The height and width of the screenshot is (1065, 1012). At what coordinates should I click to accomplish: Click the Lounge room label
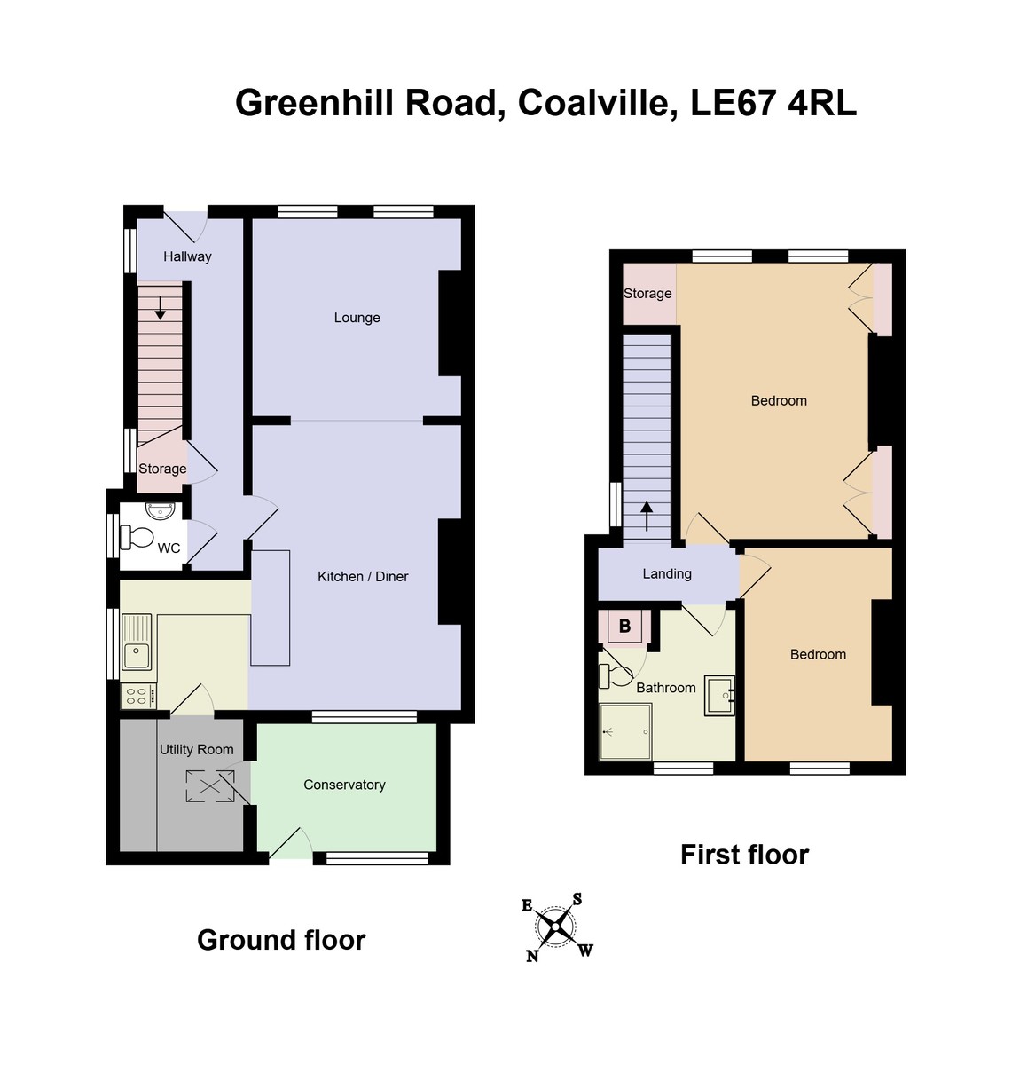click(x=357, y=318)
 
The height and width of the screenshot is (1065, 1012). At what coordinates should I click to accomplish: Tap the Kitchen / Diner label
click(x=363, y=577)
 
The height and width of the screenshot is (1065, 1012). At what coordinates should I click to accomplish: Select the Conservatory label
click(x=344, y=785)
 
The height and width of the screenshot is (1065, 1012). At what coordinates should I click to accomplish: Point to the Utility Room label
click(x=196, y=750)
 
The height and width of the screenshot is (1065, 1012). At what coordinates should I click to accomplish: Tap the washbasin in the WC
click(x=161, y=510)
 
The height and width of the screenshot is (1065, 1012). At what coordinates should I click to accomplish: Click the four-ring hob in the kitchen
click(x=137, y=696)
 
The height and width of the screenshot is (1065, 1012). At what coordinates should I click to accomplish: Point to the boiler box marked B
click(x=624, y=627)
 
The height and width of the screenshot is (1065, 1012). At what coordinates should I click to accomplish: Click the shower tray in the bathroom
click(x=625, y=731)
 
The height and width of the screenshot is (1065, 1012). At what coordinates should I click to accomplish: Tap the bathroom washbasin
click(x=718, y=696)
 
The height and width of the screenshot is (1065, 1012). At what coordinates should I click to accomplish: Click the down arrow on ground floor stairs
click(x=161, y=307)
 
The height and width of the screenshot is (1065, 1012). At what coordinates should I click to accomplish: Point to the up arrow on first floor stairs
click(x=647, y=516)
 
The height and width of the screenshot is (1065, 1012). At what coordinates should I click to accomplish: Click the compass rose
click(x=556, y=927)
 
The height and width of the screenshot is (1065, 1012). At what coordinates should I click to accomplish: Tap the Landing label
click(x=667, y=574)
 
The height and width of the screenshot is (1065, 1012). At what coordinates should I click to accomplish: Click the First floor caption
click(x=744, y=855)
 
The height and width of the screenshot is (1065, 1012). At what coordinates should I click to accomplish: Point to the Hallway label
click(x=187, y=256)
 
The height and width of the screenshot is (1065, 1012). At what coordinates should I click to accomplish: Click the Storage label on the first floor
click(x=647, y=294)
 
